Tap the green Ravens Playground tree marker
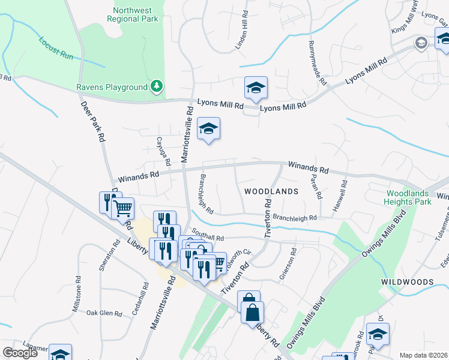click(157, 86)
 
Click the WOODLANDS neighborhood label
click(271, 191)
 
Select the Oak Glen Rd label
click(104, 313)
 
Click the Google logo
click(20, 353)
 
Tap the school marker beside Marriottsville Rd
click(209, 128)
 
